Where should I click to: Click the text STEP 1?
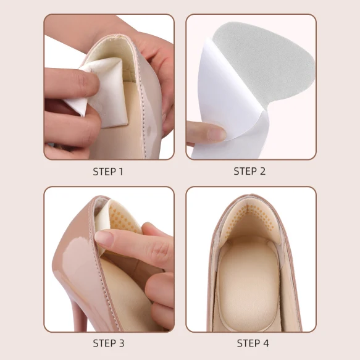(x=108, y=171)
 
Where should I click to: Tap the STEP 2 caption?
(x=249, y=171)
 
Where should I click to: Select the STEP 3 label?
(x=108, y=343)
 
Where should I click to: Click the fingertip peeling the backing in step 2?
(x=204, y=131)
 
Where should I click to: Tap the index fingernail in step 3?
(x=105, y=239)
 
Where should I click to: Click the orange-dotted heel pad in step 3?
(x=123, y=222)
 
